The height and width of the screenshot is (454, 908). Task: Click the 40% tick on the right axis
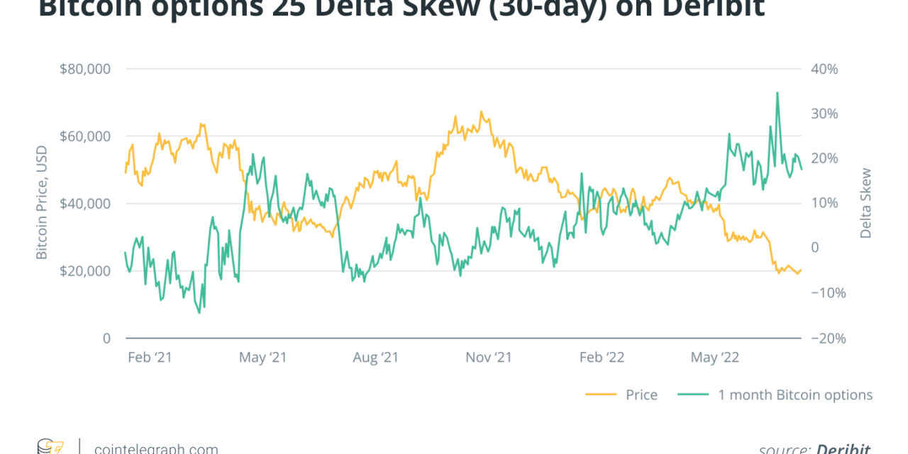[824, 69]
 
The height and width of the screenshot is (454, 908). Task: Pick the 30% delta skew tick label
[824, 113]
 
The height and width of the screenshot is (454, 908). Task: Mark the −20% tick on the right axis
[827, 338]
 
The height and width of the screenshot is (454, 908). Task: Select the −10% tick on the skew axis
[827, 293]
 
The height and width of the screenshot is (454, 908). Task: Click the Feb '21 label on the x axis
[150, 358]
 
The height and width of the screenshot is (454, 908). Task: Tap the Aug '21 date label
[375, 358]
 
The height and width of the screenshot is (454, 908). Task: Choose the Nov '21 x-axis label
[489, 358]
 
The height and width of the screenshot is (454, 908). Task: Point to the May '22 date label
[714, 358]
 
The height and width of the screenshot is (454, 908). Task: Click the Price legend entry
[641, 395]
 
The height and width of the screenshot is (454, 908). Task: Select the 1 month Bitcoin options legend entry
[795, 395]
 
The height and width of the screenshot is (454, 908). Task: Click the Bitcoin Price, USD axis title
[42, 204]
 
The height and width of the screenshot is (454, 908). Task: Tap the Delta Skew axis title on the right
[865, 204]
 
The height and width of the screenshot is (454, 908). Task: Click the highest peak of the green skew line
[777, 92]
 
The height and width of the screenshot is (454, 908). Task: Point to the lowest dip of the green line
[199, 313]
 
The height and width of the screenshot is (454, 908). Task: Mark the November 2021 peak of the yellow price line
[481, 111]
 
